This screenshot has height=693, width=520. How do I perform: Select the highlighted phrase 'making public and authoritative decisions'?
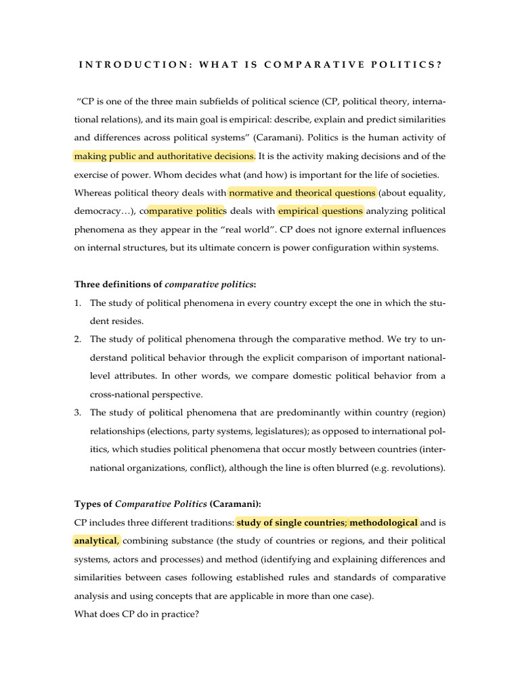[x=164, y=156]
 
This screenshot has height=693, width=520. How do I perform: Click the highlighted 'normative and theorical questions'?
[x=302, y=193]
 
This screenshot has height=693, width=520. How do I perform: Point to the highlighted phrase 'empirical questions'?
[x=320, y=211]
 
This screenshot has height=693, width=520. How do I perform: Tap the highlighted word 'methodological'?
[x=384, y=522]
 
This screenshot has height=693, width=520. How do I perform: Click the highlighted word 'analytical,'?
[x=96, y=541]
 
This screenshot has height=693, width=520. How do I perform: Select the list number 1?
[x=78, y=303]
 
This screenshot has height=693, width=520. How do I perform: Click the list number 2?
[x=78, y=340]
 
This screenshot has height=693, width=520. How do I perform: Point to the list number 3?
[x=78, y=413]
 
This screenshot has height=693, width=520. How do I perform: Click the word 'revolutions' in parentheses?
[x=413, y=468]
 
